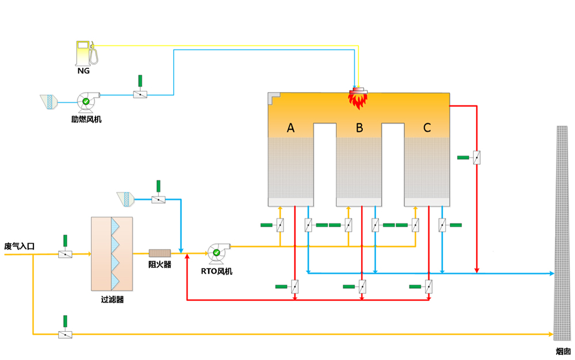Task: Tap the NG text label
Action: (x=84, y=72)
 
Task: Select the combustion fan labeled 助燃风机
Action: (x=86, y=101)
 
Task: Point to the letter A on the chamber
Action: (x=291, y=128)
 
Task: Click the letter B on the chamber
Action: (x=359, y=128)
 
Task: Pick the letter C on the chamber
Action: (x=427, y=128)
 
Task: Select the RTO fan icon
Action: (x=217, y=251)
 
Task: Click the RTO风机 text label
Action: (x=217, y=271)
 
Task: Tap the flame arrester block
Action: (x=160, y=253)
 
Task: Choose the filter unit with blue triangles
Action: (x=112, y=254)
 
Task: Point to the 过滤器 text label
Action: (x=112, y=300)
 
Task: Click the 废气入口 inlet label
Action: (x=20, y=246)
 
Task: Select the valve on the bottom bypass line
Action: (x=66, y=334)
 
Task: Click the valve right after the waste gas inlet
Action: (x=66, y=254)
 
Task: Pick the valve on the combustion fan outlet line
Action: (x=140, y=94)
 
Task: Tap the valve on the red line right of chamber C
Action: (x=477, y=157)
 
